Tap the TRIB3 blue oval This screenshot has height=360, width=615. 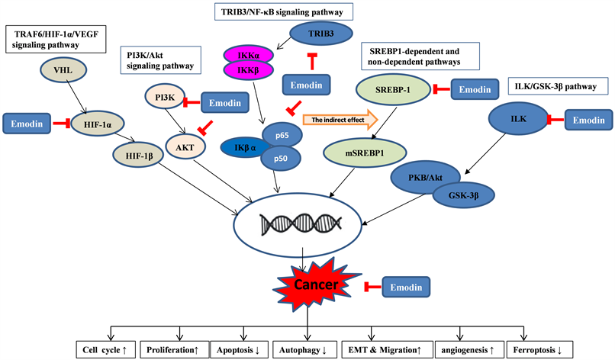[320, 34]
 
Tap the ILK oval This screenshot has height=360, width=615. [519, 119]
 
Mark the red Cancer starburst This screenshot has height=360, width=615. [307, 285]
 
